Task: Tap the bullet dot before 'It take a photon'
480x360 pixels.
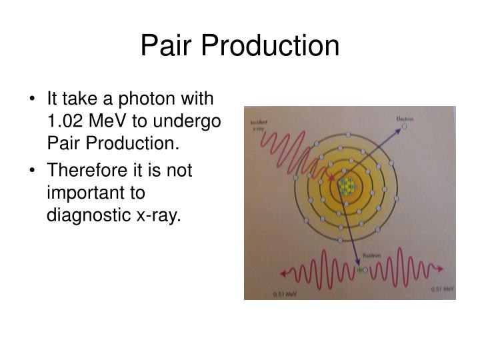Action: tap(34, 100)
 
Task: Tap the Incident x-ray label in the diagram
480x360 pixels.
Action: tap(258, 126)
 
